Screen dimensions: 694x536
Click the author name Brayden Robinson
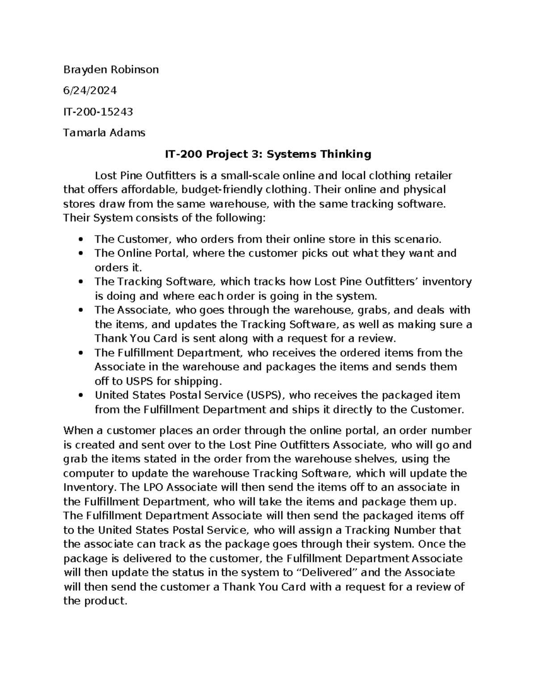click(x=111, y=69)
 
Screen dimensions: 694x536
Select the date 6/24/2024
click(x=90, y=90)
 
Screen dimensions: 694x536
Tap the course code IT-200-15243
click(x=98, y=112)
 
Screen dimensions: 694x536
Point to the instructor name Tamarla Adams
click(x=104, y=133)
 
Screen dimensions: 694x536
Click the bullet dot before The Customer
click(x=81, y=239)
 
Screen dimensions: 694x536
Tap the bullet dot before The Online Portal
click(x=81, y=253)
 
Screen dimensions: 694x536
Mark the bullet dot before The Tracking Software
click(x=81, y=282)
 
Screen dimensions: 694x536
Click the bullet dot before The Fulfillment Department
click(x=81, y=353)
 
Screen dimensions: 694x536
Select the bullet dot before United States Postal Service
click(x=81, y=395)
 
